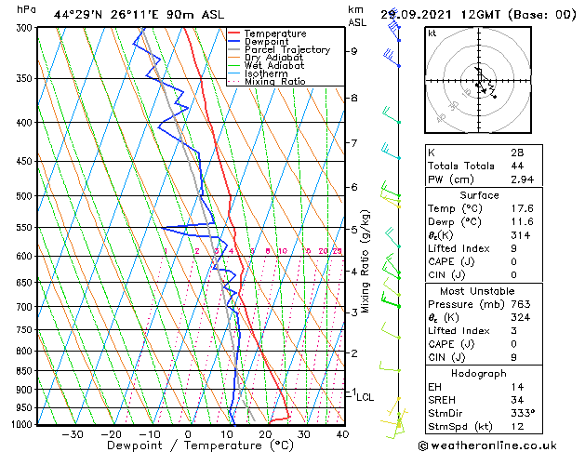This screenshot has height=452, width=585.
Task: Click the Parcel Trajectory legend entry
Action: tap(286, 49)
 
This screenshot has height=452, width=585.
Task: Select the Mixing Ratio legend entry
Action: tap(275, 82)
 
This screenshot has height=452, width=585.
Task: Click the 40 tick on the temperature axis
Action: tap(342, 434)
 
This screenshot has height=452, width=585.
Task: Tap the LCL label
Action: tap(366, 397)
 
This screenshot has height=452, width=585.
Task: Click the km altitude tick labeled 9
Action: tap(353, 51)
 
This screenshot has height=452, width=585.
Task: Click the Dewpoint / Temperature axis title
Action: tap(189, 446)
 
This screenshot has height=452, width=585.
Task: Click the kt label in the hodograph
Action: tap(432, 33)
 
